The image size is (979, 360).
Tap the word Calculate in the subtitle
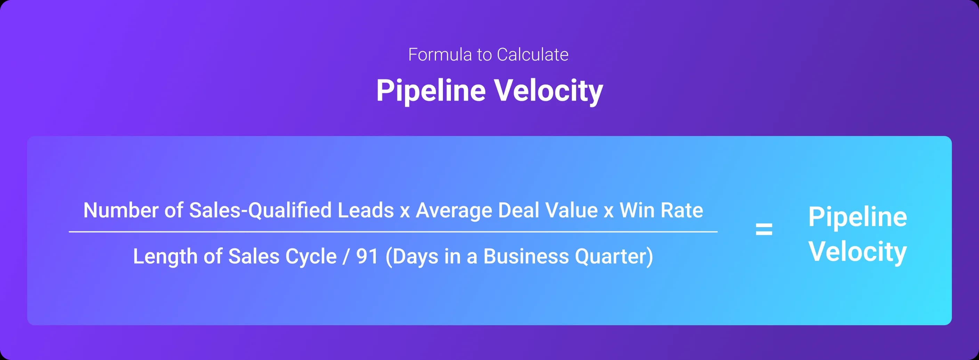point(533,55)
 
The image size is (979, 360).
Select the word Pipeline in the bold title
point(431,90)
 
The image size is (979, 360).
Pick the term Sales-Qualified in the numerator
point(260,210)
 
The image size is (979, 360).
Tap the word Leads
point(366,210)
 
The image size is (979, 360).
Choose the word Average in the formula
point(454,210)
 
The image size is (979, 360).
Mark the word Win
point(637,210)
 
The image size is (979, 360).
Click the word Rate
point(682,210)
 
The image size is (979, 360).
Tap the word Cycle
point(311,256)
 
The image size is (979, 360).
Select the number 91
point(367,256)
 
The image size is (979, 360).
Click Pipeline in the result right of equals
point(857,217)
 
